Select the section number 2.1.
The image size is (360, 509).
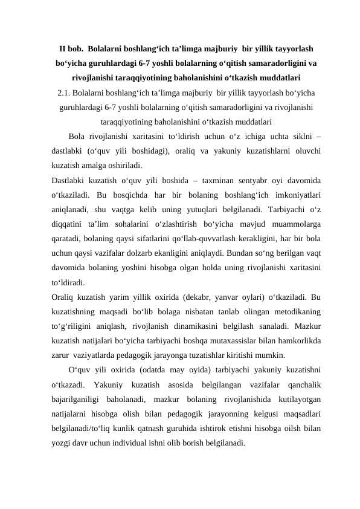pos(65,92)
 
